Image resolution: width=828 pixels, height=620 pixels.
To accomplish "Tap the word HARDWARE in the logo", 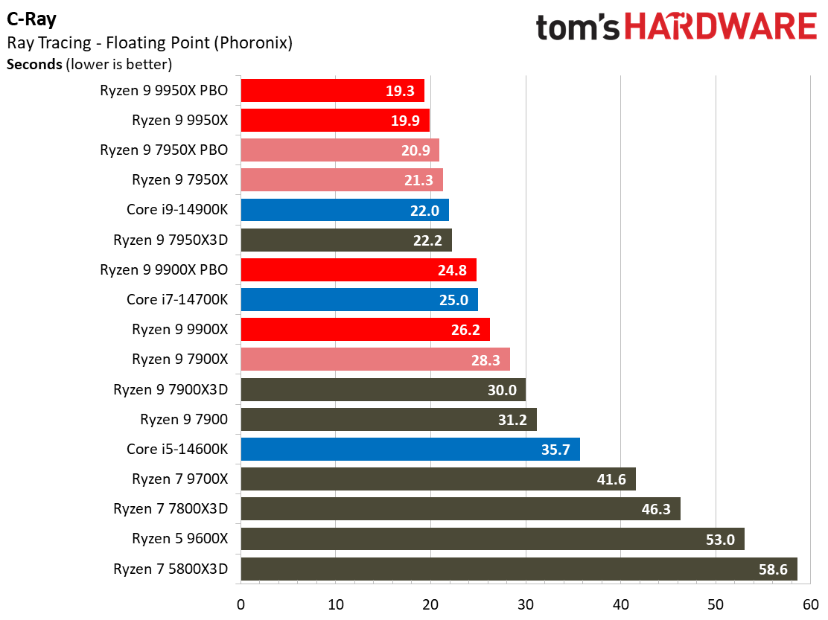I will click(721, 28).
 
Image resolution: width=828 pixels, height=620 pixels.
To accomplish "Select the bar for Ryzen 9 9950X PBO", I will click(332, 91).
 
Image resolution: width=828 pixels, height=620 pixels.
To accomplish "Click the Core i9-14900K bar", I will click(344, 210).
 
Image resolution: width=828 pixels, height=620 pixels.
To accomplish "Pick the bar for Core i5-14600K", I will click(410, 449).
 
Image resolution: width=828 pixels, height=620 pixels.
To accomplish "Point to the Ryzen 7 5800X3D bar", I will click(518, 569).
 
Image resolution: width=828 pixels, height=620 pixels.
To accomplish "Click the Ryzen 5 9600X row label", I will click(179, 538).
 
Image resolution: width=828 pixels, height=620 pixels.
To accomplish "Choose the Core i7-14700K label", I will click(177, 300).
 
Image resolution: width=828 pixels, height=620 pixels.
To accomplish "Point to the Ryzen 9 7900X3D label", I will click(171, 389).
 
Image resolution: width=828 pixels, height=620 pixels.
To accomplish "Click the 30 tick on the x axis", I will click(526, 603).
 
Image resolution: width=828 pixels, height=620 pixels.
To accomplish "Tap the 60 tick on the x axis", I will click(811, 603).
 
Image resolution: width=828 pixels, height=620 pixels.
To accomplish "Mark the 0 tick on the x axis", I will click(241, 603).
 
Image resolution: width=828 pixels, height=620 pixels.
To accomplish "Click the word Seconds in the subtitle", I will click(34, 64).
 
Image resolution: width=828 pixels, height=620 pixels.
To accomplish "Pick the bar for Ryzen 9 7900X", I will click(375, 359).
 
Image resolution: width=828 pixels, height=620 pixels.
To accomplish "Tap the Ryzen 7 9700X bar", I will click(438, 479).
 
